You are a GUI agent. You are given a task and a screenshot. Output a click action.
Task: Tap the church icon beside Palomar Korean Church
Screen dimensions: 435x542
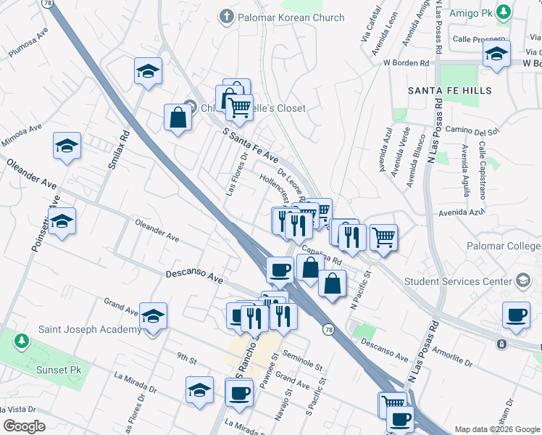[x=227, y=15]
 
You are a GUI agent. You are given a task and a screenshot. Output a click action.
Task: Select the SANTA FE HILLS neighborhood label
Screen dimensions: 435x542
[x=449, y=91]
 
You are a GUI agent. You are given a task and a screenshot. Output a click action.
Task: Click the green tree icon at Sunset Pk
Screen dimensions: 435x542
[x=22, y=340]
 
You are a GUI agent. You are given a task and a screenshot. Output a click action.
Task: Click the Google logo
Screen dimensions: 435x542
[x=24, y=426]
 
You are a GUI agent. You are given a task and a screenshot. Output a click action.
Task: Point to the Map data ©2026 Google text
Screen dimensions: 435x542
[x=496, y=429]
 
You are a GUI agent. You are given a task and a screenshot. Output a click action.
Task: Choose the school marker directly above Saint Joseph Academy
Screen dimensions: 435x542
[x=153, y=316]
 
